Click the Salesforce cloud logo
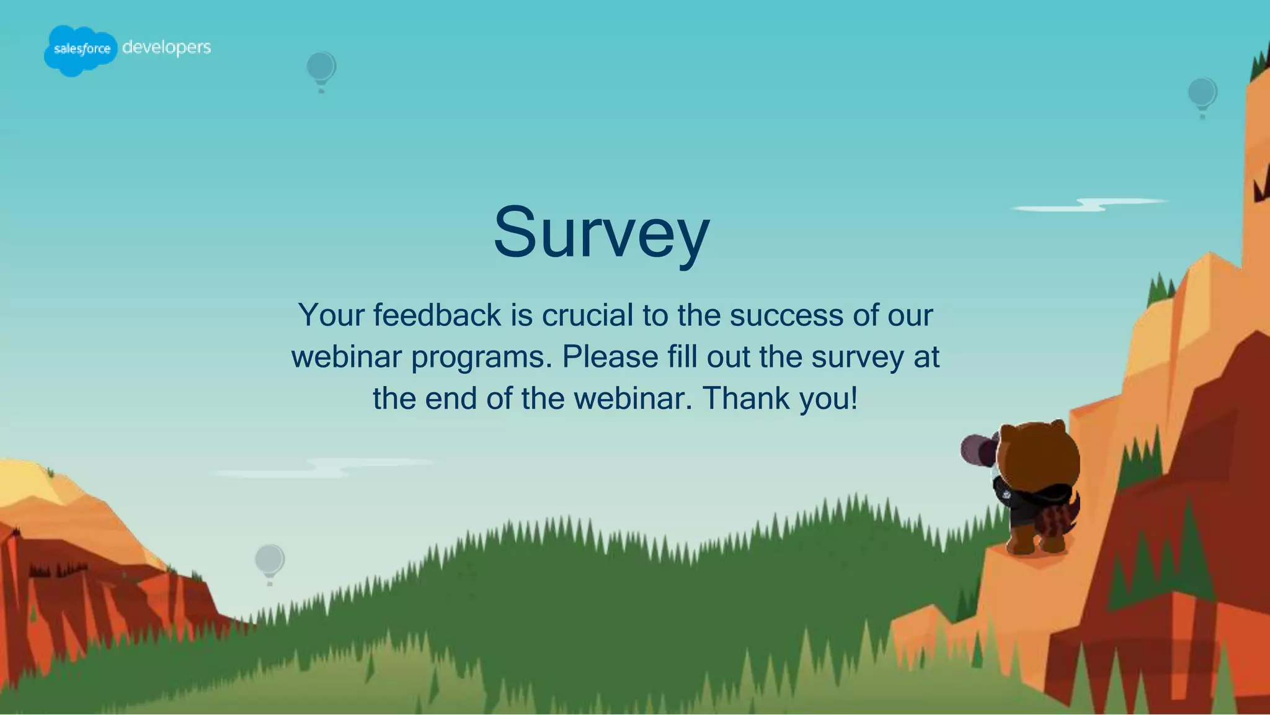tap(81, 50)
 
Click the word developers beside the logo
tap(166, 47)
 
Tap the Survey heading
tap(601, 233)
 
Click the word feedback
tap(437, 315)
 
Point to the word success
tap(786, 315)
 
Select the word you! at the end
tap(828, 399)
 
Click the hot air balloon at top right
tap(1202, 94)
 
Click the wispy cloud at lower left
tap(322, 467)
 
